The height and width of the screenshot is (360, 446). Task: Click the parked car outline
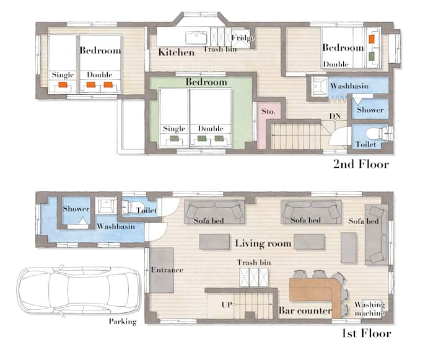79,290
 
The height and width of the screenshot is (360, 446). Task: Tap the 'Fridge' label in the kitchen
243,38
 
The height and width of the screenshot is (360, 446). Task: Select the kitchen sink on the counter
196,38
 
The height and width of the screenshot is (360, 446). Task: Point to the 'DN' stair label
335,116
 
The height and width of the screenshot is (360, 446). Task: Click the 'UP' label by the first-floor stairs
227,305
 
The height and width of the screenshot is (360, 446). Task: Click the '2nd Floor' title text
361,164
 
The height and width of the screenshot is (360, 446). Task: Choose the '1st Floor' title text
366,333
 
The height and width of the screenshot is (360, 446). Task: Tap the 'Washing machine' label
369,309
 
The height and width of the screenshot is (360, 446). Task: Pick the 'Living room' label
263,244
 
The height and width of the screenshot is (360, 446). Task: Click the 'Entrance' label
167,270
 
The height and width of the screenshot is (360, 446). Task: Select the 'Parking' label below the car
123,322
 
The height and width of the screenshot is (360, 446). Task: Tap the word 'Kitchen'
177,52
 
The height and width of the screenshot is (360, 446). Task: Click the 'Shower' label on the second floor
370,110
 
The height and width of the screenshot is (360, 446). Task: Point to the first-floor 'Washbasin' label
116,227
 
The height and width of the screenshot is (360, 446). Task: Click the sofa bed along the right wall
377,235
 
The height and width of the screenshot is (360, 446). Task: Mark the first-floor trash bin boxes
254,277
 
